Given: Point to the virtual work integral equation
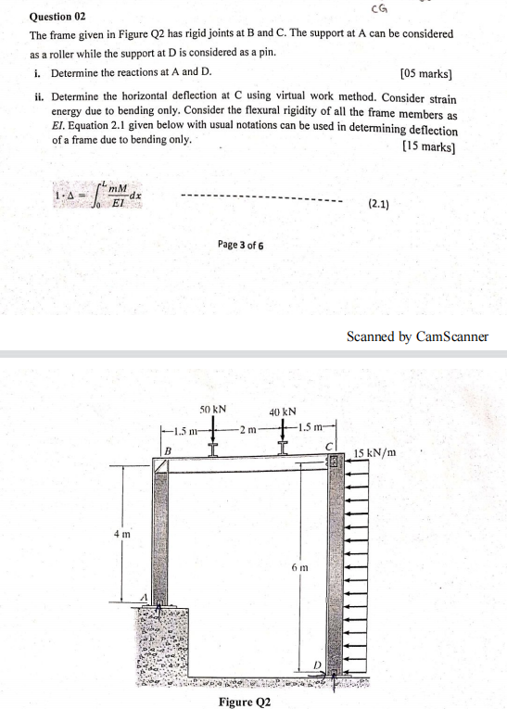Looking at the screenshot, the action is (97, 196).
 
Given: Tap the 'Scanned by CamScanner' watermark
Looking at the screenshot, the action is (417, 336).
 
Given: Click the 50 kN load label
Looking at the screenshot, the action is (213, 409).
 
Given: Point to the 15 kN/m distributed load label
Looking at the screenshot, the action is (375, 453).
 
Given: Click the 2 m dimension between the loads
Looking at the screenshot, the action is (246, 429).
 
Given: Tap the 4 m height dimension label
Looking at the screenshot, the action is (122, 535).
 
